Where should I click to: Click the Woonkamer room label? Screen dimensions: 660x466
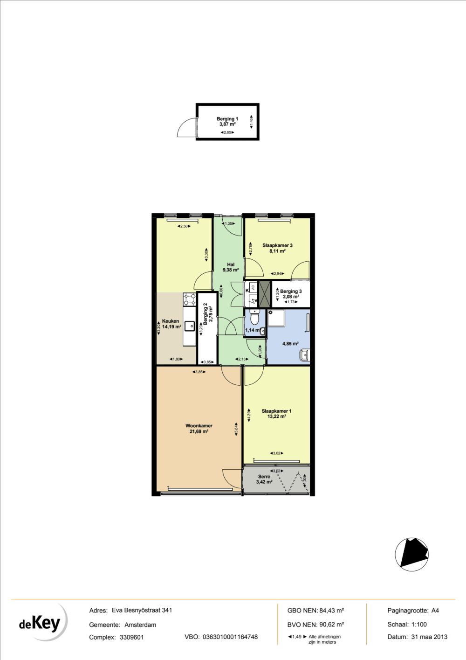tap(199, 428)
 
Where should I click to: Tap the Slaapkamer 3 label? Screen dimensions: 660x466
tap(277, 248)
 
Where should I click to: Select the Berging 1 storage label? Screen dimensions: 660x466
tap(227, 121)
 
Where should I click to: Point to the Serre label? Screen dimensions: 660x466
tap(264, 479)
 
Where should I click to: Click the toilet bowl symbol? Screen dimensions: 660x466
tap(254, 319)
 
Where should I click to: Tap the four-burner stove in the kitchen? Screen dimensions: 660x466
tap(190, 299)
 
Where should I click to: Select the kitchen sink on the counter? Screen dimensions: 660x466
tap(190, 326)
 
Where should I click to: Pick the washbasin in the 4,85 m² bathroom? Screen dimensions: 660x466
tap(304, 355)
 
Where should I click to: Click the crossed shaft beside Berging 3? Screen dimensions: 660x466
tap(265, 294)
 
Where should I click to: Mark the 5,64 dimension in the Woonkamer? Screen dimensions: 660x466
tap(237, 428)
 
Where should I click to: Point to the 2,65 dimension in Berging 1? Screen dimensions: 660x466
tap(227, 132)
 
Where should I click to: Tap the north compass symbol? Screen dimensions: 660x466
tap(411, 554)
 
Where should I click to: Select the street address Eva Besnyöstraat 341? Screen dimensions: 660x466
tap(142, 610)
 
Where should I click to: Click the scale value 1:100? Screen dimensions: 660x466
tap(419, 624)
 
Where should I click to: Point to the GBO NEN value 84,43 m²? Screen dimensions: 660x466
tap(331, 611)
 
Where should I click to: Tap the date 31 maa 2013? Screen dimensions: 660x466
tap(429, 637)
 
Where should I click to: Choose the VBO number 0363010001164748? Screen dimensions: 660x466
tap(230, 637)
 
